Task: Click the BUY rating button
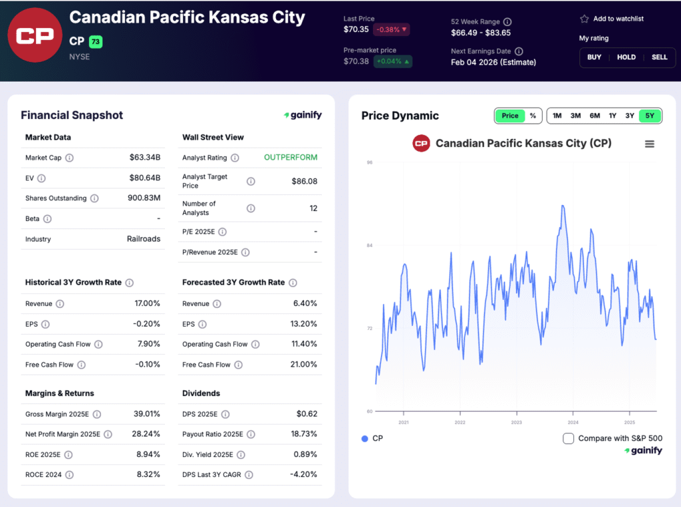click(x=594, y=57)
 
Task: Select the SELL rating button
click(x=659, y=57)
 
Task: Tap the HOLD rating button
click(x=626, y=57)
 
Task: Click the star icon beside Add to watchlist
click(x=584, y=19)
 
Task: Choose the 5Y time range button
click(x=650, y=116)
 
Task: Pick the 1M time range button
click(x=557, y=116)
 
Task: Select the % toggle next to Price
click(x=533, y=116)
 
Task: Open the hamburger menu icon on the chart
click(x=650, y=144)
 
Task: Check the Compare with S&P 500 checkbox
click(x=568, y=438)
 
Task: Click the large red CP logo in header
click(x=35, y=35)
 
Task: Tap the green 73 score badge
click(x=96, y=42)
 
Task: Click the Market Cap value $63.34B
click(x=145, y=158)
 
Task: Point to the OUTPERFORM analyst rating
click(x=291, y=158)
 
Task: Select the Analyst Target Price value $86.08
click(x=304, y=182)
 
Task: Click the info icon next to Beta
click(x=47, y=219)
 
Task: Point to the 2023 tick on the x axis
click(x=516, y=422)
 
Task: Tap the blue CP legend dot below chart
click(x=364, y=438)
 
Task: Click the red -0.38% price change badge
click(x=391, y=29)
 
